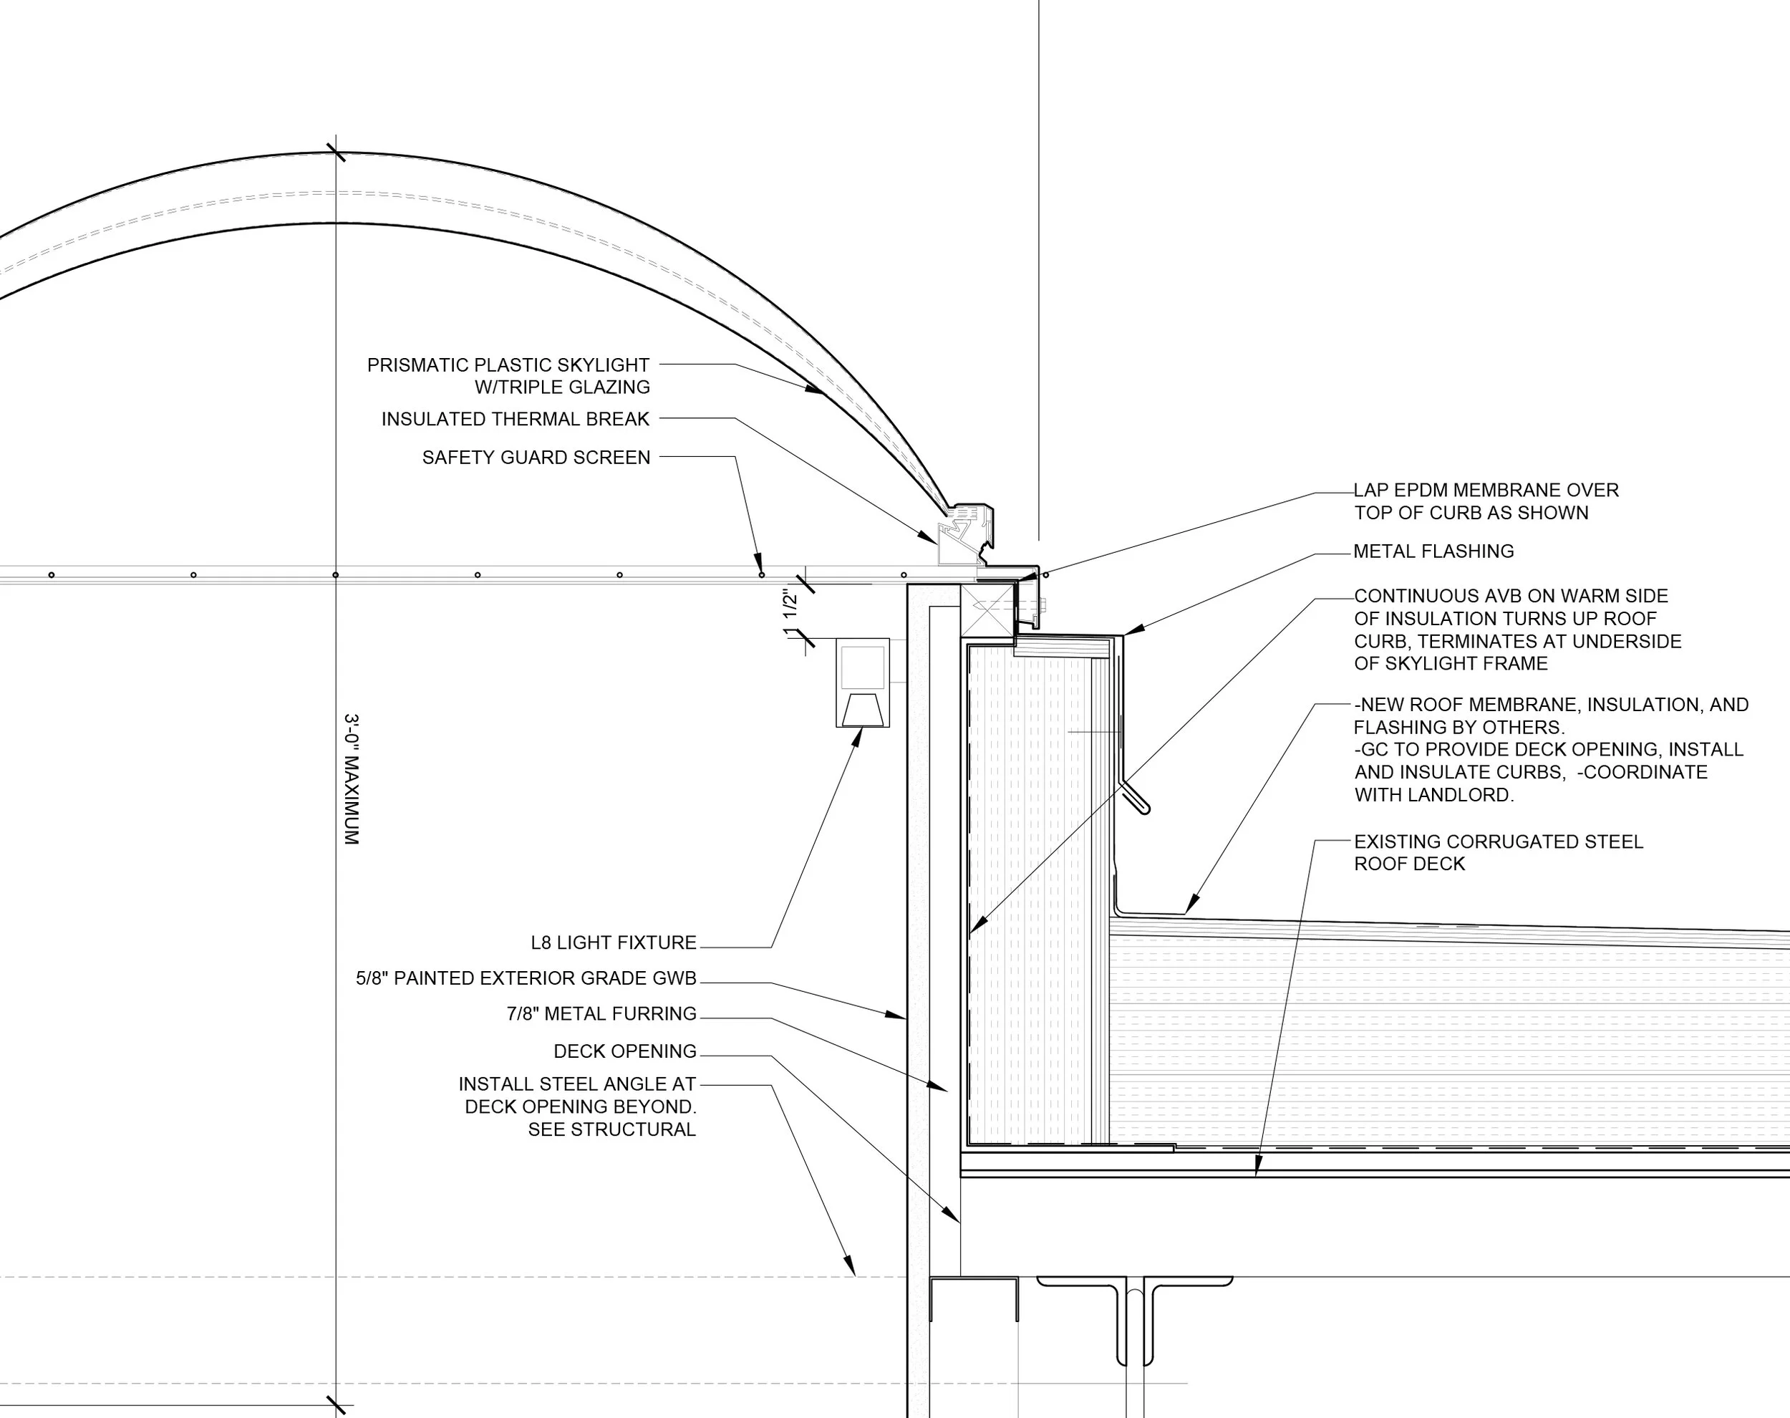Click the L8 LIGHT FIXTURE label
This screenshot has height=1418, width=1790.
(x=614, y=942)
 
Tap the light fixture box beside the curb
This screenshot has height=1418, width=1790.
(x=862, y=683)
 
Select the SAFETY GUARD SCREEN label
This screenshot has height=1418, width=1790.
(x=536, y=458)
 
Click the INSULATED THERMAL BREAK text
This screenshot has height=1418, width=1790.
(x=516, y=419)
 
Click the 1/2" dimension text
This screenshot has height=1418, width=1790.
(x=791, y=602)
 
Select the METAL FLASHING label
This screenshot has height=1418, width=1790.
(x=1433, y=551)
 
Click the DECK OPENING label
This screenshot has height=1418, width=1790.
(x=625, y=1051)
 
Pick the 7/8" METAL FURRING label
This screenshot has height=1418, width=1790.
(x=601, y=1013)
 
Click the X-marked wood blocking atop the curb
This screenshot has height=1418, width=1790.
(x=987, y=609)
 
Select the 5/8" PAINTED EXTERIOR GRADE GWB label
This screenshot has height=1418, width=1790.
(x=526, y=978)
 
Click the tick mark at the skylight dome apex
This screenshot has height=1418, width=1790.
(x=335, y=152)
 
